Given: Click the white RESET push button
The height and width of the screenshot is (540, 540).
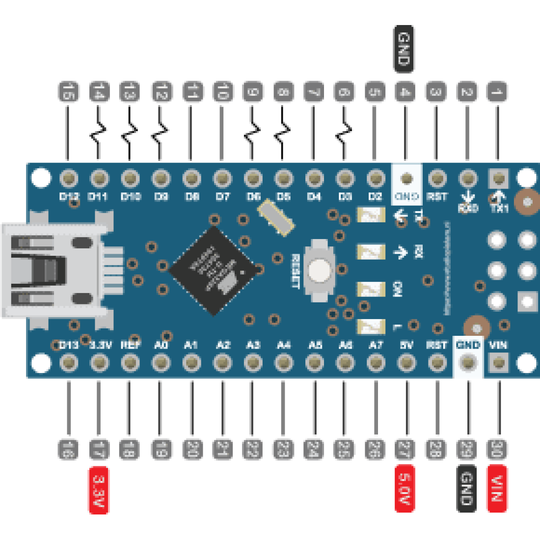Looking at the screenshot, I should [319, 270].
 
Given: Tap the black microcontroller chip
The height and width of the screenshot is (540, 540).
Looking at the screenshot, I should [214, 270].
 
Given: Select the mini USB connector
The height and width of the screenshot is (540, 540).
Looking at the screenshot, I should [54, 270].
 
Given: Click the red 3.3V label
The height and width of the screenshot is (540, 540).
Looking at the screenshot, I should [98, 490].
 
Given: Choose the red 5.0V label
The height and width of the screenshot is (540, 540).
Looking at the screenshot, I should [405, 488].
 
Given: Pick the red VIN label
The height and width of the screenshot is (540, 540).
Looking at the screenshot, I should [497, 488].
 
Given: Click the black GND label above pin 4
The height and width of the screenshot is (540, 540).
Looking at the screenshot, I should [404, 49].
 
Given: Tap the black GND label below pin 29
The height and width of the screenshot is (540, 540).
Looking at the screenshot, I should [466, 488].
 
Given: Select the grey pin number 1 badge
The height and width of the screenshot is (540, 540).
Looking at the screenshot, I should [497, 92].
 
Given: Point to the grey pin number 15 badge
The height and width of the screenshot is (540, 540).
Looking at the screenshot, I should [69, 92].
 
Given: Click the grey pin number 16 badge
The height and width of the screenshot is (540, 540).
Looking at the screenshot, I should [68, 449].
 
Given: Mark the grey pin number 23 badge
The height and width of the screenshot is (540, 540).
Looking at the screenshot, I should [283, 449].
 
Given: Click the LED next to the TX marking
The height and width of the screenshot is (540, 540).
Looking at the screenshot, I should [371, 215].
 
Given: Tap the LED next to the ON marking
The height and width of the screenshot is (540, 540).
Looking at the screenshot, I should [371, 289].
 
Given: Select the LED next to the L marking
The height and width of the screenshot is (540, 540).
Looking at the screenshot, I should [371, 326].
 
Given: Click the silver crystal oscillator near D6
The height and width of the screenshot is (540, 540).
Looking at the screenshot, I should [276, 215].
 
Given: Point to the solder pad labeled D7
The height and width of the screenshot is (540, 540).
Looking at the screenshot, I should [222, 178].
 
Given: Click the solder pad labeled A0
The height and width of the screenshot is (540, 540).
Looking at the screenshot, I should [161, 363].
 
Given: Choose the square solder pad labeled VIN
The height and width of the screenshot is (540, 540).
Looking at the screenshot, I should [498, 363].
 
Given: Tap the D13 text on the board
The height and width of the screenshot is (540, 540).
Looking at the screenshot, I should [69, 345].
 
